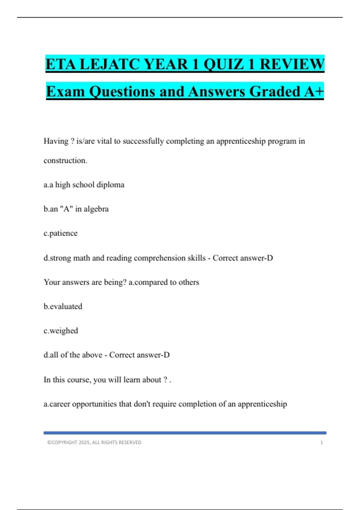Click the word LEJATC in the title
pos(110,64)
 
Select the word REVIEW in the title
pos(292,64)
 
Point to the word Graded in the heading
pos(274,91)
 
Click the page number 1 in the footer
pos(322,442)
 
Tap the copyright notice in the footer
pos(94,442)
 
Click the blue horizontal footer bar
pos(185,433)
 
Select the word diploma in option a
pos(110,185)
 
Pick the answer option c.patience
pos(61,233)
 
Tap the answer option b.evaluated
pos(63,307)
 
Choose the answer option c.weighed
pos(61,331)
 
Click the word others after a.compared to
pos(189,282)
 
